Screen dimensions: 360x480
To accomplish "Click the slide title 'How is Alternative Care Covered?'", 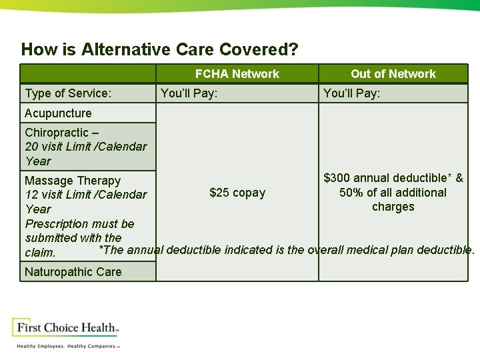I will (x=160, y=49).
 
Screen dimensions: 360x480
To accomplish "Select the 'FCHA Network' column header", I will (x=237, y=74).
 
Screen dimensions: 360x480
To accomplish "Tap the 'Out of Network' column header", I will (x=393, y=74).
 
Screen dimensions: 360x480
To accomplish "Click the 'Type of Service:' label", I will (x=68, y=93).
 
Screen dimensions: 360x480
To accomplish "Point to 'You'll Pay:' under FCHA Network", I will (x=189, y=93).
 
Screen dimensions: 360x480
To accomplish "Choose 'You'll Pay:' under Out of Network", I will (x=352, y=93).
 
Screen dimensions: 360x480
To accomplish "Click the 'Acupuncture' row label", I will (x=58, y=113).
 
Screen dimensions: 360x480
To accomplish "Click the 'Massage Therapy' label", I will (x=73, y=181).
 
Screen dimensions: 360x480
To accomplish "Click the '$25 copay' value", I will (x=237, y=193).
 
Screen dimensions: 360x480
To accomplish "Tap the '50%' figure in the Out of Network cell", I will (x=352, y=193).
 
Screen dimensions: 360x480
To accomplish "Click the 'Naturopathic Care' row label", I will (x=73, y=271).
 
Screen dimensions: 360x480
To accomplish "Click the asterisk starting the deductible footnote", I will (x=101, y=250).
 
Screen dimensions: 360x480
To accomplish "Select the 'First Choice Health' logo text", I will (x=65, y=328).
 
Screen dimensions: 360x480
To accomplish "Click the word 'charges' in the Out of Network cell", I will (x=393, y=207).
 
